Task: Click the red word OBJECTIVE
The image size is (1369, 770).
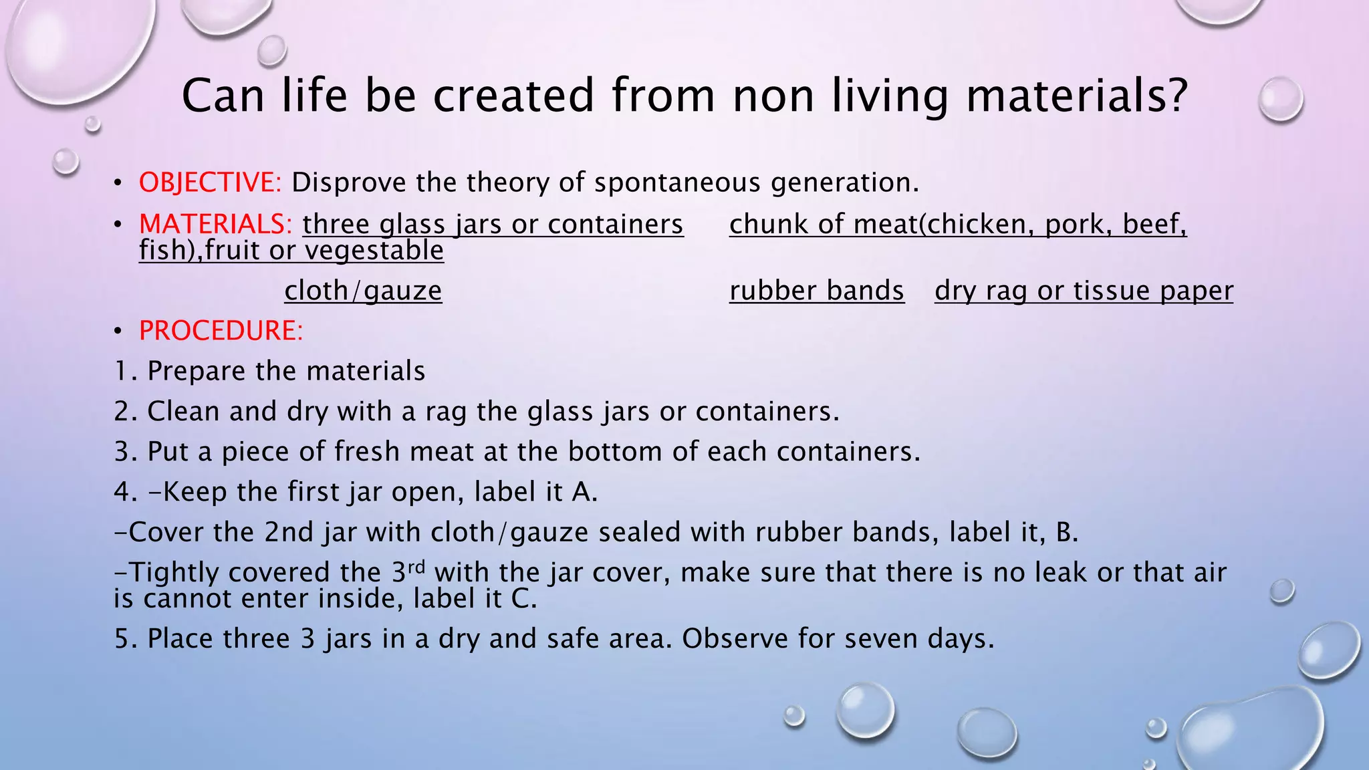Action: pos(210,182)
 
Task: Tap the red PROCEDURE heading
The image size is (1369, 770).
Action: pos(221,331)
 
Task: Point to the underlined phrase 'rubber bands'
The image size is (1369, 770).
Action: pos(816,291)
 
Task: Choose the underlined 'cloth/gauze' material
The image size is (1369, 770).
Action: pos(363,291)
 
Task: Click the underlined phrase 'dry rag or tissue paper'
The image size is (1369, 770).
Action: pos(1084,291)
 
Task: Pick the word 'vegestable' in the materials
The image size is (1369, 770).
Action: pos(374,251)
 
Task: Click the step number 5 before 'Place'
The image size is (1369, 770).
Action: pos(122,639)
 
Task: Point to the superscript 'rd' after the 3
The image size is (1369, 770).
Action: pos(416,567)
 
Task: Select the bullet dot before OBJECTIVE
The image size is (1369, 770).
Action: pos(118,182)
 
